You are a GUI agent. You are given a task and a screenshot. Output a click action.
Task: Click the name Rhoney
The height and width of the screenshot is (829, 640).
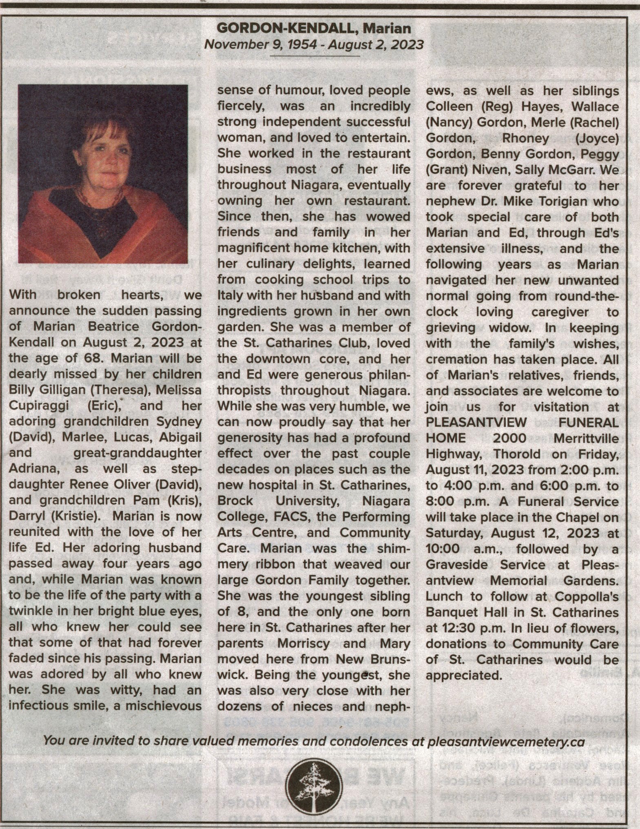click(x=525, y=138)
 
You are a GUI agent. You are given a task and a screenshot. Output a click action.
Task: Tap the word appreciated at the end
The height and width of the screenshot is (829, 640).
click(x=463, y=675)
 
